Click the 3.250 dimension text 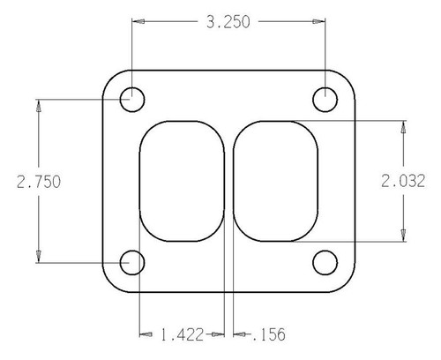point(228,24)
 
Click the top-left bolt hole point(132,99)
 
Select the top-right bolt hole point(326,99)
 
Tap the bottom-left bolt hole point(132,262)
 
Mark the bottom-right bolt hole point(326,262)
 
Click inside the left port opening point(183,181)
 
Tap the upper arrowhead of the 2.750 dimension point(39,105)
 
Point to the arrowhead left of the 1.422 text point(146,334)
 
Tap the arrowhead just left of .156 point(239,334)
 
